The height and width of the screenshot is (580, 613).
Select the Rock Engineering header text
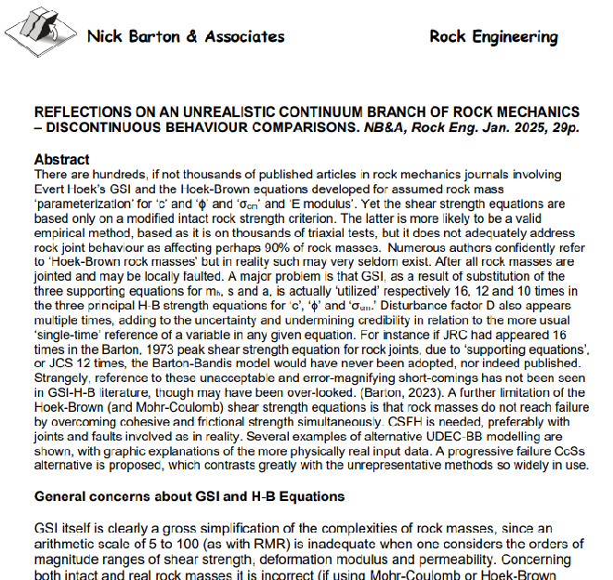(x=493, y=37)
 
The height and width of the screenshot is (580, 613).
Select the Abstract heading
(x=61, y=160)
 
